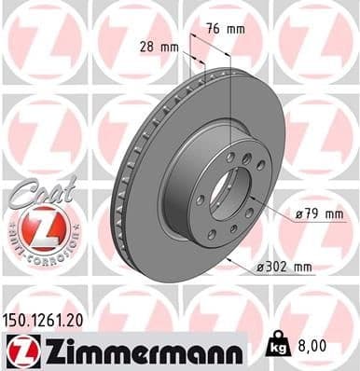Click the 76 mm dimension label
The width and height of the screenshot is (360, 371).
(227, 29)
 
